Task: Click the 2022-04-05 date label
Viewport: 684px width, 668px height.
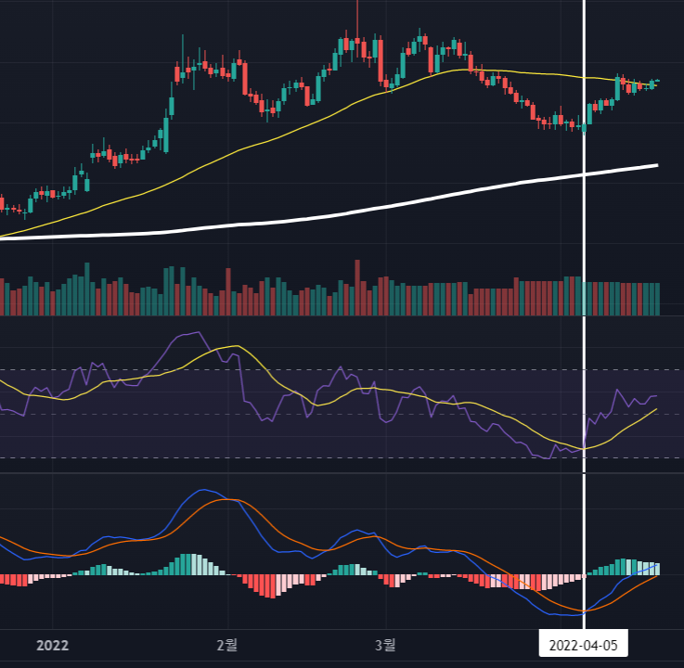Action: (x=583, y=645)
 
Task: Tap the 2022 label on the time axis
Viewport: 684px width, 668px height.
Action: (x=52, y=646)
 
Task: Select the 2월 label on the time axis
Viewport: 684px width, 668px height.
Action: (x=226, y=645)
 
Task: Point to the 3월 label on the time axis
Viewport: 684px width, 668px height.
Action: (x=385, y=645)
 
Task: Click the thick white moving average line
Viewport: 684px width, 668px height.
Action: (x=329, y=215)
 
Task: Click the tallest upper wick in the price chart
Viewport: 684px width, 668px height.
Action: (x=357, y=18)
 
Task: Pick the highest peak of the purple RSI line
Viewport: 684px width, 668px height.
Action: (x=199, y=332)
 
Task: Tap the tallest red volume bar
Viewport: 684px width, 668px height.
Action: (x=357, y=288)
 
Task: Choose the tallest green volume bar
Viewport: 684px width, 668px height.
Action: (x=87, y=289)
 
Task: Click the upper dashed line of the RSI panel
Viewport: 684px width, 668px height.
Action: (x=342, y=370)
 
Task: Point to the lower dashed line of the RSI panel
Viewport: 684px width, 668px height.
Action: (x=342, y=457)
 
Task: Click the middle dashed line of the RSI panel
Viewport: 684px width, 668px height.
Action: (x=342, y=414)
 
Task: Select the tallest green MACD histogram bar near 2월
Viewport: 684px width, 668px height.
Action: (x=188, y=564)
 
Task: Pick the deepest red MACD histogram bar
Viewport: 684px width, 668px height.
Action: (x=273, y=586)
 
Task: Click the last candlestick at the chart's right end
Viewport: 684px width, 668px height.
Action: (x=657, y=81)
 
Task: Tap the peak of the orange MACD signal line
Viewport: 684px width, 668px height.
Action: (x=226, y=499)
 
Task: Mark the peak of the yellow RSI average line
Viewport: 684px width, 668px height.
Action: (x=237, y=346)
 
